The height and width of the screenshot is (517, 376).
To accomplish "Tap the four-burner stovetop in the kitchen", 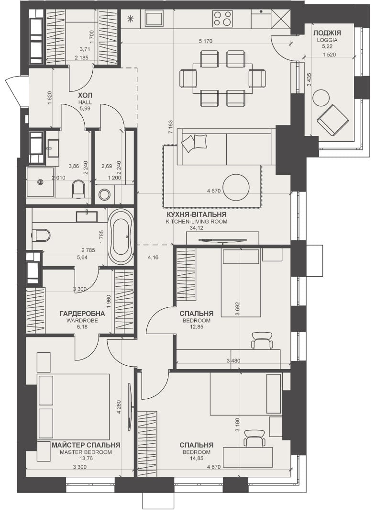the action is [x=222, y=19].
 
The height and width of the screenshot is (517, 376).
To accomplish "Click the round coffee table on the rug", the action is [x=236, y=187].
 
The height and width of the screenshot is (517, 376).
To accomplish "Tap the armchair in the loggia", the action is [x=332, y=120].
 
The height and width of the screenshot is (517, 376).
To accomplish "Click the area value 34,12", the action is [x=197, y=228].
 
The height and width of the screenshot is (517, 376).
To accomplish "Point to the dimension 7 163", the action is [x=170, y=127].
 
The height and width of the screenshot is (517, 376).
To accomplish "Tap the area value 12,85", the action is [x=197, y=326].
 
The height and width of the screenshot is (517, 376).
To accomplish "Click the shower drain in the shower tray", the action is [x=41, y=182].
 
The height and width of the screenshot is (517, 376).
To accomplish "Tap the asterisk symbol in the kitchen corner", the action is [x=131, y=19].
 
